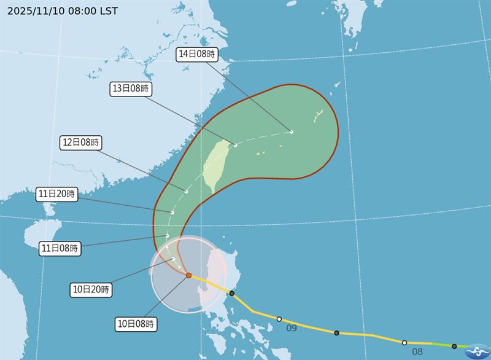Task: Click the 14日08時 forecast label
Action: (x=196, y=54)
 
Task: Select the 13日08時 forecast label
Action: (x=130, y=88)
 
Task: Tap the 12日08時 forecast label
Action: (x=81, y=142)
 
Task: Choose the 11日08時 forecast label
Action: (x=59, y=248)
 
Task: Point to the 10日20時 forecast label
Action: (x=90, y=289)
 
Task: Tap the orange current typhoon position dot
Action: (x=188, y=276)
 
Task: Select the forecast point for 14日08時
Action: (x=292, y=131)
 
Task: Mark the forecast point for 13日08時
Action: (x=236, y=145)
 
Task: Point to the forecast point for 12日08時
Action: (x=186, y=191)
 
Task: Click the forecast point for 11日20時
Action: (x=172, y=213)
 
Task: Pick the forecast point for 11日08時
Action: (x=167, y=235)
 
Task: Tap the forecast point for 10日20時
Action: (x=174, y=259)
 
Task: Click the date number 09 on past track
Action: (x=292, y=328)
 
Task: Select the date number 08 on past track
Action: (x=417, y=352)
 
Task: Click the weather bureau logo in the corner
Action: (x=476, y=351)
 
